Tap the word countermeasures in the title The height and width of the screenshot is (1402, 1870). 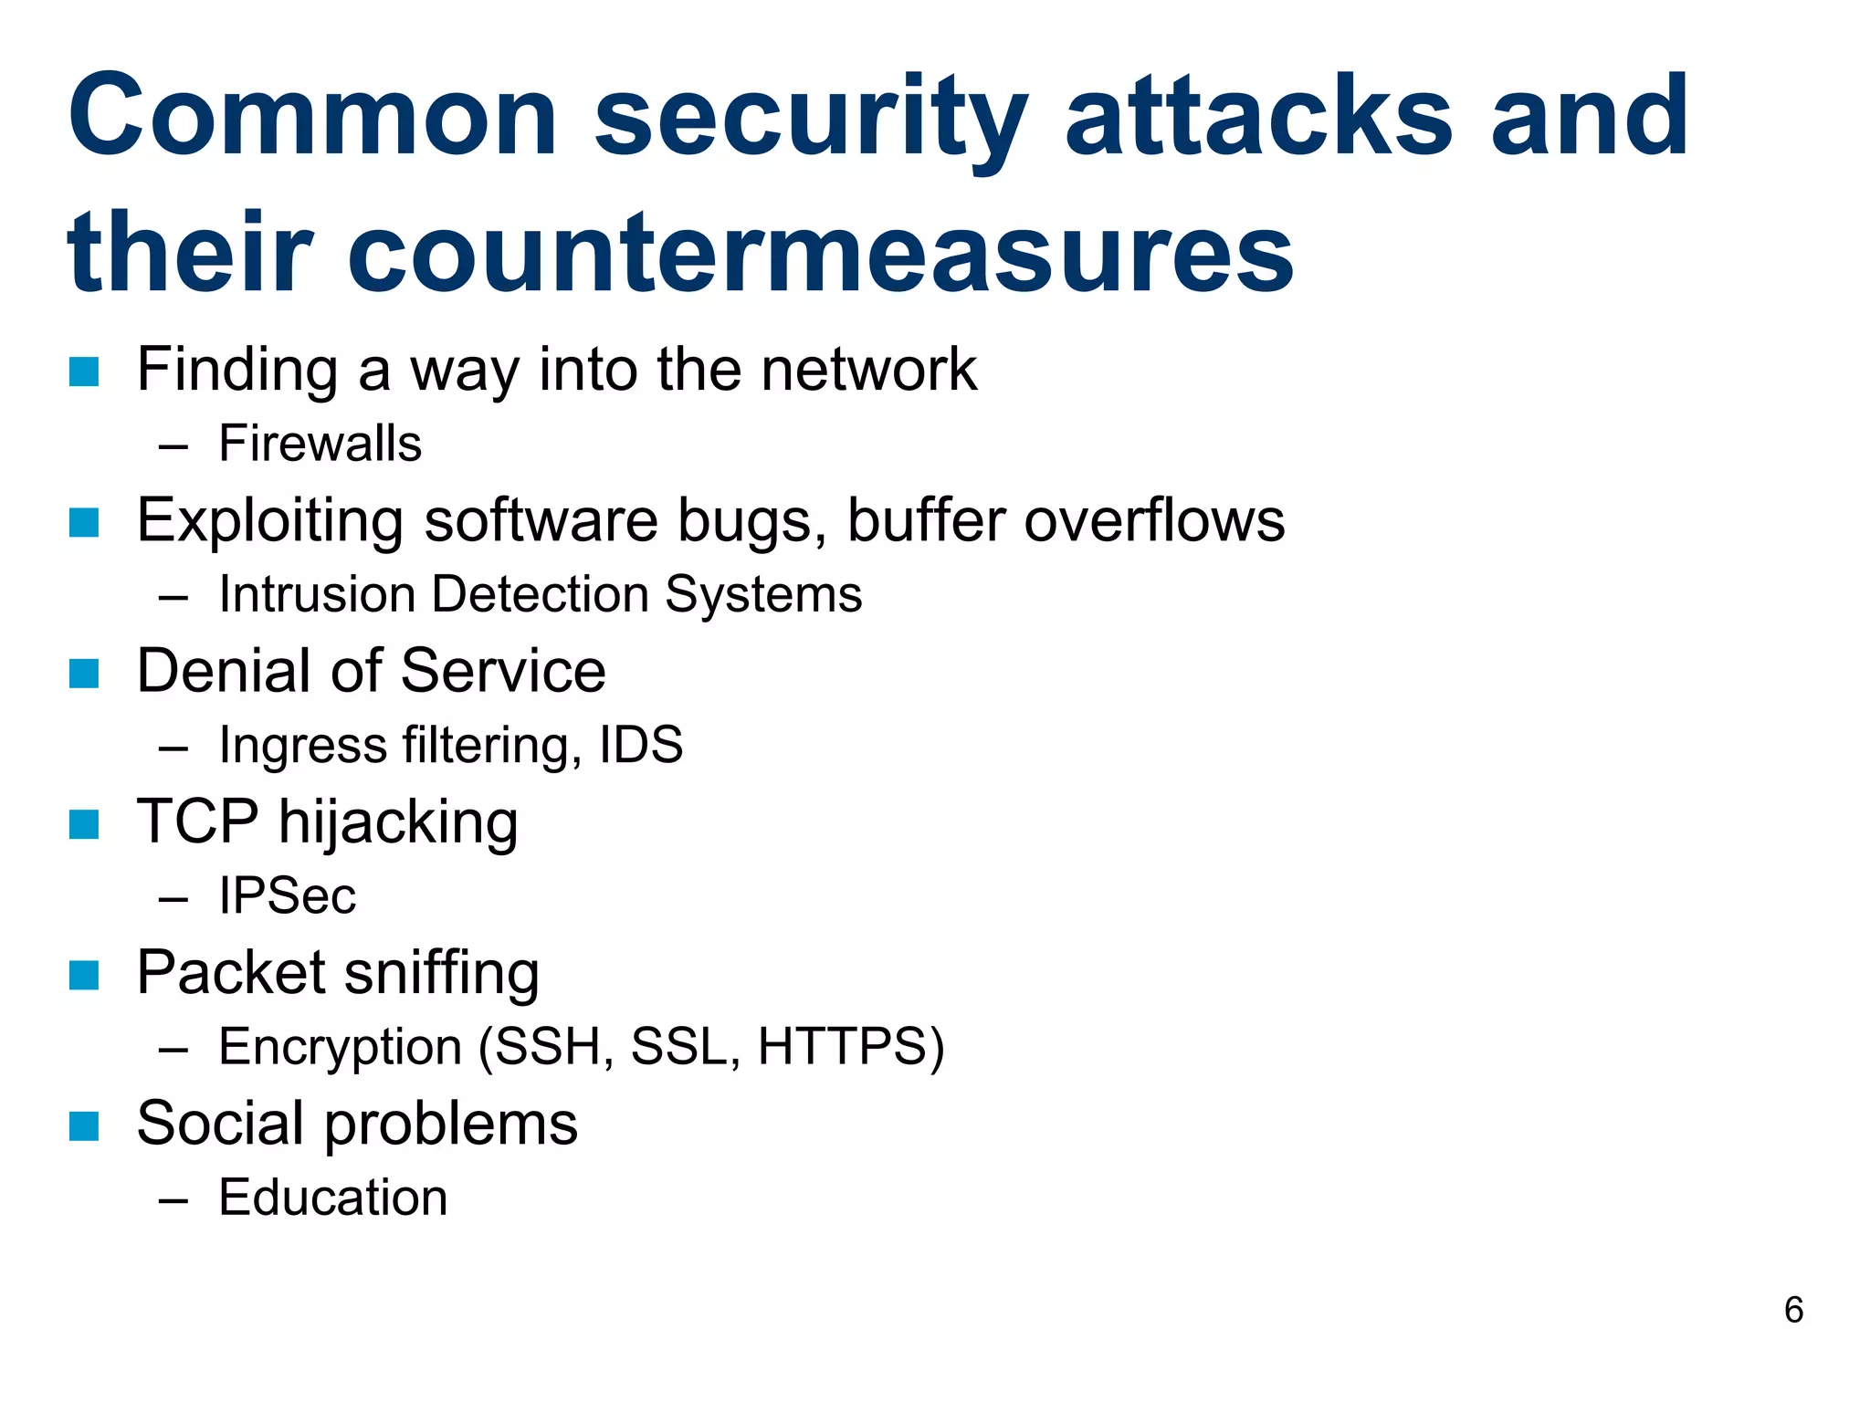819,254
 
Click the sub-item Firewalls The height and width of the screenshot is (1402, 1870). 320,445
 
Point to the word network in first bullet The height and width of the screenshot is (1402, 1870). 868,370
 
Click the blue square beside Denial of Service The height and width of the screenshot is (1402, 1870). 84,674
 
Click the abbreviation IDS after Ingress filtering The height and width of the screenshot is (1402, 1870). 641,745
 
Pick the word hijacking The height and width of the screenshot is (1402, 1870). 398,823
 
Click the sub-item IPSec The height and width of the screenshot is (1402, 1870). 287,895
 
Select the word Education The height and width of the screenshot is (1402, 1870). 333,1198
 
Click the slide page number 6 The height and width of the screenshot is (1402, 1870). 1793,1311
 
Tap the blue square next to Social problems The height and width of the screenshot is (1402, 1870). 84,1125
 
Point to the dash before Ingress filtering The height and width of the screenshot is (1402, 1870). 173,748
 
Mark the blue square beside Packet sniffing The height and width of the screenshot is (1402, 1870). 84,975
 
